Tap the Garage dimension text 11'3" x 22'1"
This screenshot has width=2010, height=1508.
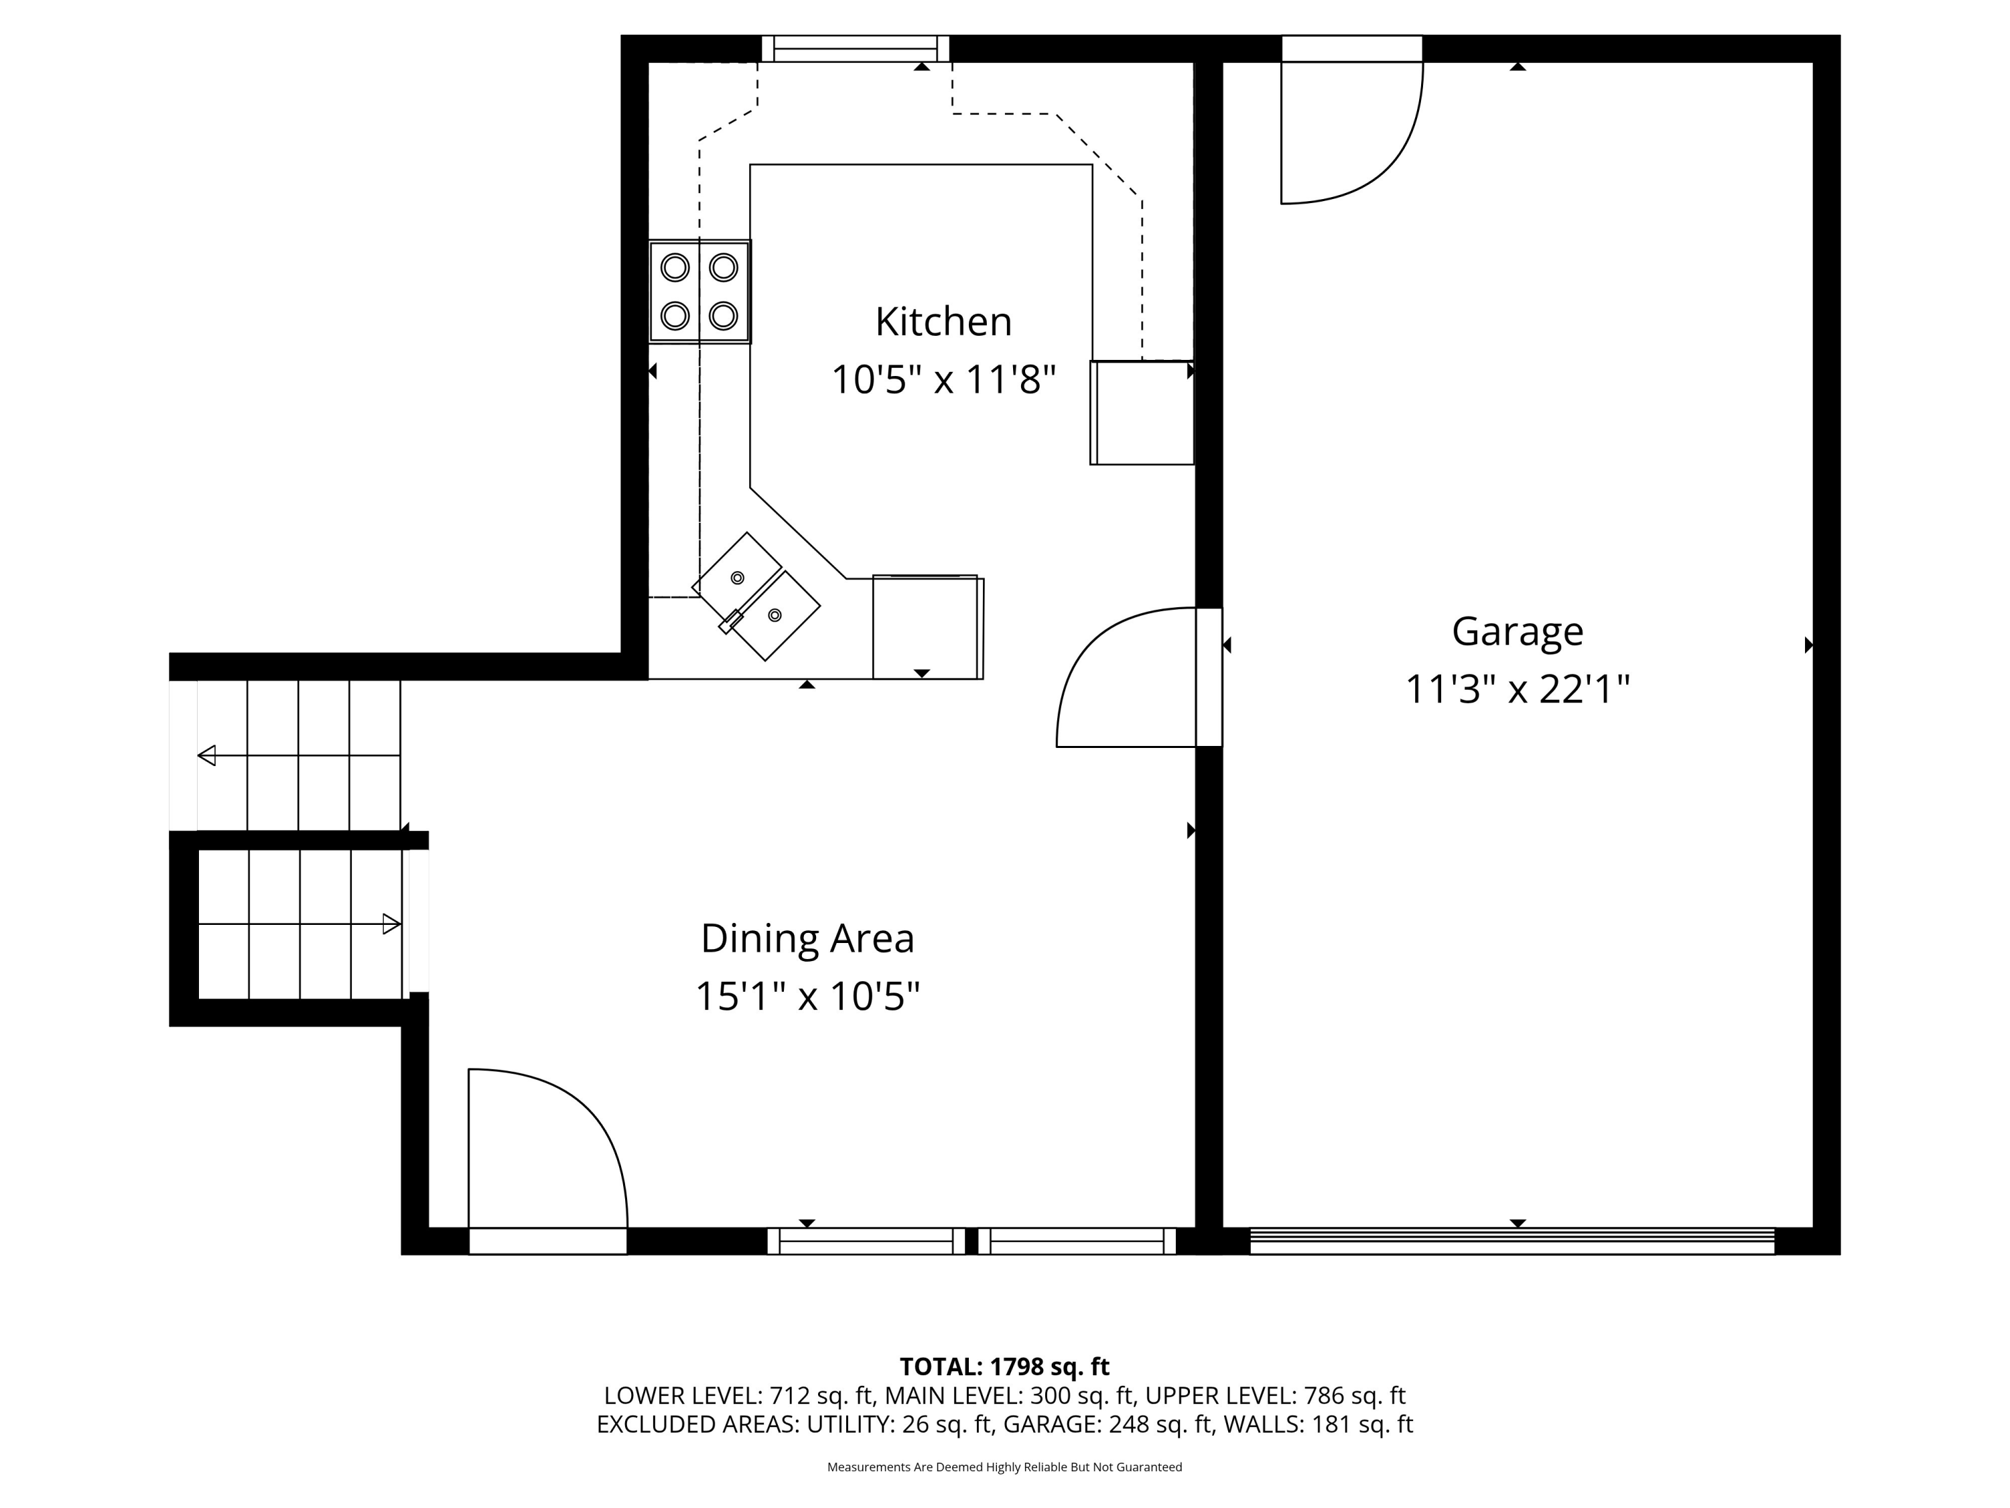point(1517,689)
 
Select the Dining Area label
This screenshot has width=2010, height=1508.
point(807,938)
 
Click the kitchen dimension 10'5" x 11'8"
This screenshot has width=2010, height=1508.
point(943,380)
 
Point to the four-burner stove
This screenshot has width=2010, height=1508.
point(699,292)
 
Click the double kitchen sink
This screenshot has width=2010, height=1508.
point(756,596)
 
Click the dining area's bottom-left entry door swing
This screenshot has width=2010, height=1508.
point(543,1150)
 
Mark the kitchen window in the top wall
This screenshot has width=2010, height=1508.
point(855,48)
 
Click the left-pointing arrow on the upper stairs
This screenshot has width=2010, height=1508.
point(207,755)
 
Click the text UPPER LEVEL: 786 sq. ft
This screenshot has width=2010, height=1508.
point(1275,1395)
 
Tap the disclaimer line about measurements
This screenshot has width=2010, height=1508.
point(1004,1466)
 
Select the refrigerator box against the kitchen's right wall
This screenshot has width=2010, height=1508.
point(1142,413)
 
